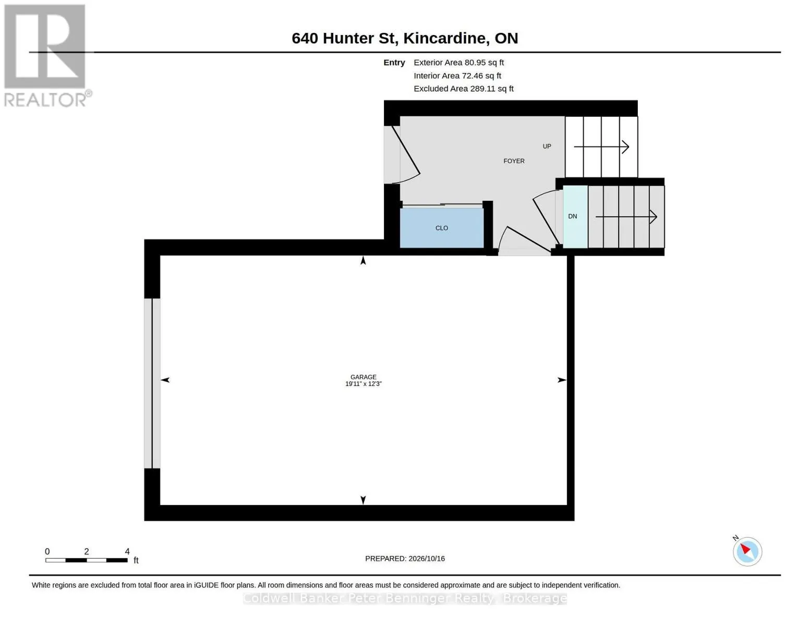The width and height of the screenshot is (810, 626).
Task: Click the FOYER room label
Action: pyautogui.click(x=514, y=161)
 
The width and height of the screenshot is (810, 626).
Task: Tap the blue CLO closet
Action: pyautogui.click(x=442, y=228)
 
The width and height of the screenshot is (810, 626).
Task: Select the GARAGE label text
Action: pyautogui.click(x=364, y=377)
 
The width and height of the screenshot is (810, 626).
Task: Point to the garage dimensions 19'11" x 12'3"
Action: pyautogui.click(x=364, y=383)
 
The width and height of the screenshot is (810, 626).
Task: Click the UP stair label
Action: pyautogui.click(x=547, y=146)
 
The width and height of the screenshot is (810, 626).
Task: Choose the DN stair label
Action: pyautogui.click(x=573, y=216)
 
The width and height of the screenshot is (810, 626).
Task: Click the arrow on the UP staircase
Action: pyautogui.click(x=601, y=147)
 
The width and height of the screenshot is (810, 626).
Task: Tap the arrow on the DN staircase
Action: pyautogui.click(x=626, y=216)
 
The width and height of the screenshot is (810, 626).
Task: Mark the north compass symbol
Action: pyautogui.click(x=747, y=551)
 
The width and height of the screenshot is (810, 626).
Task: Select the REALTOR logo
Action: pyautogui.click(x=46, y=56)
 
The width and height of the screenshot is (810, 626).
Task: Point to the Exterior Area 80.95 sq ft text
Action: pyautogui.click(x=458, y=63)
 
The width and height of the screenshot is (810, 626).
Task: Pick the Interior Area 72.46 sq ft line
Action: pyautogui.click(x=457, y=76)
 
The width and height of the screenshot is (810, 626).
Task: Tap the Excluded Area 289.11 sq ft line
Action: pyautogui.click(x=464, y=89)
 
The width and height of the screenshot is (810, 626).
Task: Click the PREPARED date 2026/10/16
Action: pyautogui.click(x=405, y=559)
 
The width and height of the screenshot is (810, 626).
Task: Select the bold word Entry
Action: pyautogui.click(x=394, y=63)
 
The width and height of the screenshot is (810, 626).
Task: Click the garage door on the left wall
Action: pyautogui.click(x=152, y=383)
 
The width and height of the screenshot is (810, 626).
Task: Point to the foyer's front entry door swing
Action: pyautogui.click(x=402, y=155)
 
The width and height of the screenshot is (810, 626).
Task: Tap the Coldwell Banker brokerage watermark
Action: pyautogui.click(x=405, y=598)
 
